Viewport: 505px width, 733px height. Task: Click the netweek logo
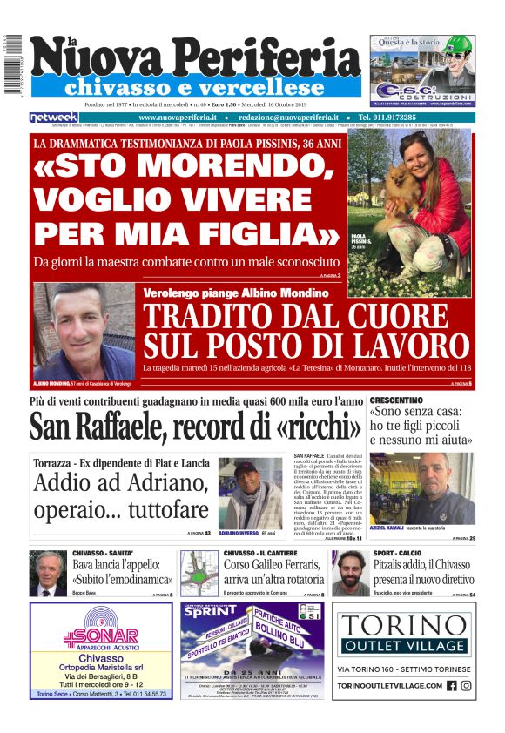53,118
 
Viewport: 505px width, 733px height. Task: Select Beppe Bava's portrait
48,575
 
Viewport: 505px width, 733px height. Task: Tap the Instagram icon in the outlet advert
466,686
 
